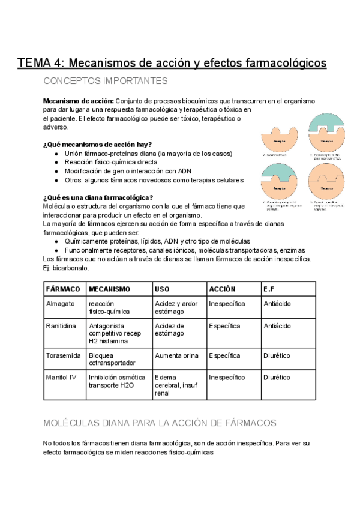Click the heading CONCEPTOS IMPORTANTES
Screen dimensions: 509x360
point(106,81)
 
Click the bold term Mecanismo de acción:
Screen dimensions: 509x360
point(78,101)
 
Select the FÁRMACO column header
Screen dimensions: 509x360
point(63,289)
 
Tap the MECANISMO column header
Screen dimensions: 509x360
point(109,289)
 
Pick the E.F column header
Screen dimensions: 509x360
point(269,289)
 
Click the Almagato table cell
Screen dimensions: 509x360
point(61,304)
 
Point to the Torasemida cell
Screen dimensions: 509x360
point(63,355)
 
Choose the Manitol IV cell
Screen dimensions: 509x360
point(62,378)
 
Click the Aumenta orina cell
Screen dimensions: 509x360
point(176,355)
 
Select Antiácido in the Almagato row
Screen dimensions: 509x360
point(277,304)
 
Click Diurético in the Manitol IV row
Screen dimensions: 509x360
point(277,378)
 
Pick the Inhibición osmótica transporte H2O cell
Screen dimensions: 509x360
point(117,382)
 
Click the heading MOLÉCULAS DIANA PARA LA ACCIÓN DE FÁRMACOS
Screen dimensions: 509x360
point(160,423)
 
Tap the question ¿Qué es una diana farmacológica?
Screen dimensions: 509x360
point(98,197)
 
